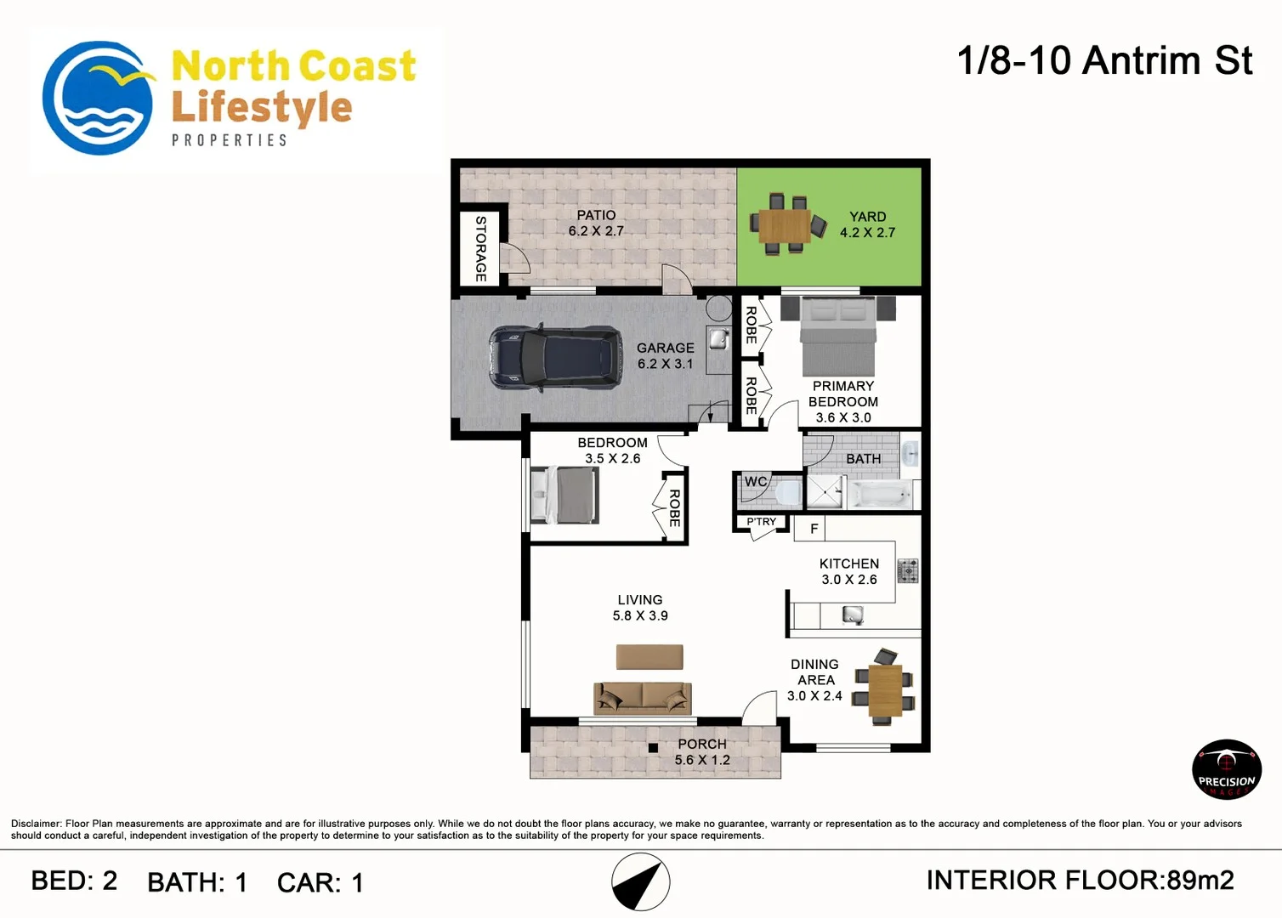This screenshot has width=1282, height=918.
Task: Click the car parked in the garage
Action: pos(554,357)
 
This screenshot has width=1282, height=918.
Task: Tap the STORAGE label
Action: pos(481,248)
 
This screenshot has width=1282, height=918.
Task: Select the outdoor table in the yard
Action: pos(785,225)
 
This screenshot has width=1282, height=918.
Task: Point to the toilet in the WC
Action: pos(786,492)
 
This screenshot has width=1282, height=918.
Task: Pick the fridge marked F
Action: pos(814,529)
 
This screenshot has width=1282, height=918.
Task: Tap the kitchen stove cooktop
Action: pos(908,570)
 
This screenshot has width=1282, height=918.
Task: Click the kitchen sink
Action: pos(852,615)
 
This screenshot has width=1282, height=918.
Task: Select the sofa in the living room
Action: pos(642,698)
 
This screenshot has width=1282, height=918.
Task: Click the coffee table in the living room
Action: pos(650,657)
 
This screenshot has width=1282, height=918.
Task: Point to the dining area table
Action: pos(885,689)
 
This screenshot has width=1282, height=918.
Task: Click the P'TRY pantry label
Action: pos(761,522)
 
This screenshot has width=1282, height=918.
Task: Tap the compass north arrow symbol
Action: pos(641,882)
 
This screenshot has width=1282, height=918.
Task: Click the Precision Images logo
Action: pos(1226,769)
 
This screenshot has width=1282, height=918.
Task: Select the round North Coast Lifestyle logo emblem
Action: pos(98,99)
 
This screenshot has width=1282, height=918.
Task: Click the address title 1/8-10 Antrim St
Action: pos(1104,61)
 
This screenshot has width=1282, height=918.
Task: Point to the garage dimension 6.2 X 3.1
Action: pos(665,364)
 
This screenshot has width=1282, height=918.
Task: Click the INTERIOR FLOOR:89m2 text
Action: pos(1080,881)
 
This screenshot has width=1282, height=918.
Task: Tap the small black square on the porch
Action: pos(653,748)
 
